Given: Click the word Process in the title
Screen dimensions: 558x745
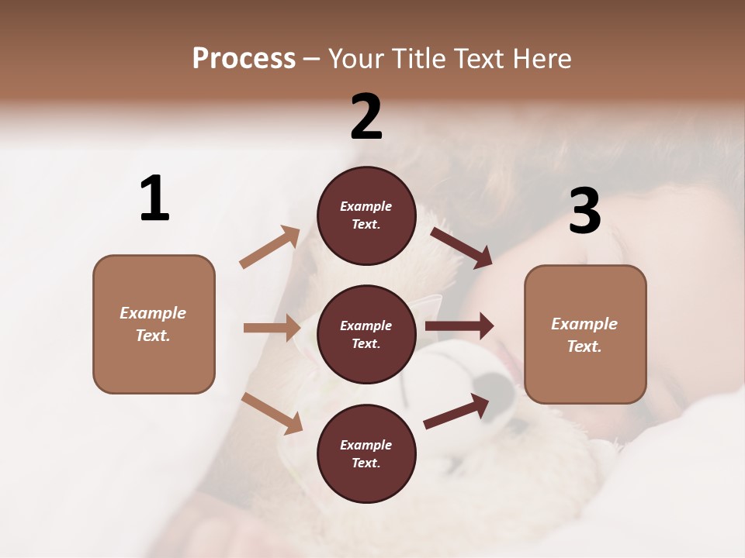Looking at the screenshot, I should pyautogui.click(x=244, y=59).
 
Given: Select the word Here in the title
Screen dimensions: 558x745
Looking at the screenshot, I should pyautogui.click(x=540, y=59).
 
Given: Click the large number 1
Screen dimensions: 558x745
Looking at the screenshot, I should pyautogui.click(x=154, y=198).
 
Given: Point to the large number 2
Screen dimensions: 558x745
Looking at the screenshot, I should pyautogui.click(x=366, y=117).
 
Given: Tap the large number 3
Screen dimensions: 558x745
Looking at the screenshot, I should pyautogui.click(x=585, y=212).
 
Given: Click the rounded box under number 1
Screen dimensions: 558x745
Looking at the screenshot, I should pyautogui.click(x=154, y=324).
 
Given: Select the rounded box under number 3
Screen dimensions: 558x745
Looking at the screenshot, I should pyautogui.click(x=585, y=335).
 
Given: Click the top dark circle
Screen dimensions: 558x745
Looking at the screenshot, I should pyautogui.click(x=366, y=215).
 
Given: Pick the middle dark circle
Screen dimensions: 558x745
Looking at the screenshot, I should pyautogui.click(x=366, y=334).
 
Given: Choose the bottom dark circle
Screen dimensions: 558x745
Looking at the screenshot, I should pyautogui.click(x=366, y=453).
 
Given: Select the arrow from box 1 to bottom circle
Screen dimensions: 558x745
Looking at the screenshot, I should pyautogui.click(x=272, y=413).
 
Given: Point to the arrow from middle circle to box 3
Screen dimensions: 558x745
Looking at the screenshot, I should pyautogui.click(x=459, y=326).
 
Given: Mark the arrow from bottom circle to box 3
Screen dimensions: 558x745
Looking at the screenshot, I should pyautogui.click(x=457, y=412).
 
